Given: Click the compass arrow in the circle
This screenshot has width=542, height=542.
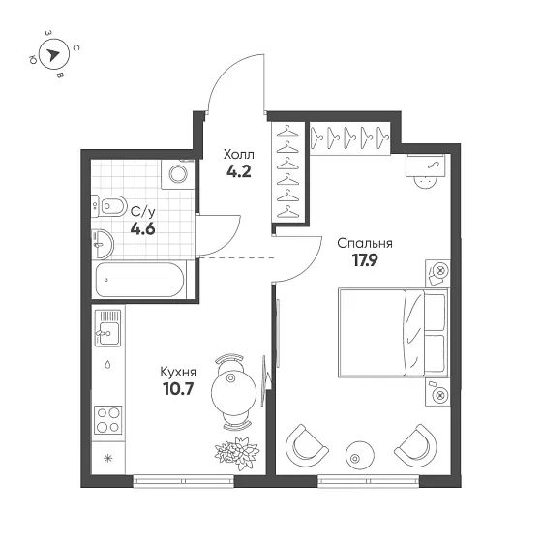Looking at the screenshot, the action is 53,54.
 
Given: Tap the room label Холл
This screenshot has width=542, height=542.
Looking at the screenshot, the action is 238,154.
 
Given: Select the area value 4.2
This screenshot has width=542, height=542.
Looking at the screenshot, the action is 238,171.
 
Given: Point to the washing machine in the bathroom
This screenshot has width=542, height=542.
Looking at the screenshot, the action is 178,174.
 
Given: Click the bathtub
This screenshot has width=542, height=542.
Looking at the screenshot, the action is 139,280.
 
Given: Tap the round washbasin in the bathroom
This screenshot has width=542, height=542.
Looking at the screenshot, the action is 103,244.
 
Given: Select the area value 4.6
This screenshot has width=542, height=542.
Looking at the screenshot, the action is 143,228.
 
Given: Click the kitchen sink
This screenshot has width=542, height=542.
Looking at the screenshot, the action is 107,328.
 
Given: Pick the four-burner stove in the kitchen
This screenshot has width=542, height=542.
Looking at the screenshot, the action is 107,420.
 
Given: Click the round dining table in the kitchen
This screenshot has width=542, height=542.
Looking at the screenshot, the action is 233,391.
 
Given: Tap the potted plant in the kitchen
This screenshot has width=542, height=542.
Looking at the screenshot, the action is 237,453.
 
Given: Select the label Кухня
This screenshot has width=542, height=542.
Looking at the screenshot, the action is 178,373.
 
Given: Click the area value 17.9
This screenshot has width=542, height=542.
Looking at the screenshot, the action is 365,260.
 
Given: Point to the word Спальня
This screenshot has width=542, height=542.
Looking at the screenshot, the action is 365,243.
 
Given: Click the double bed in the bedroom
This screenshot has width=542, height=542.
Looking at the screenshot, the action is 394,333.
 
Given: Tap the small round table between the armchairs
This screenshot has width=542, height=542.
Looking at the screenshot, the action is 360,455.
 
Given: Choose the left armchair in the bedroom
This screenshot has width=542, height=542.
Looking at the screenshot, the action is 307,446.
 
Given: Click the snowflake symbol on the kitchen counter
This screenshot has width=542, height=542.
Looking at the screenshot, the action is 108,459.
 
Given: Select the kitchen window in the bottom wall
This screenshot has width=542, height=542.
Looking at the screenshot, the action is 184,481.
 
